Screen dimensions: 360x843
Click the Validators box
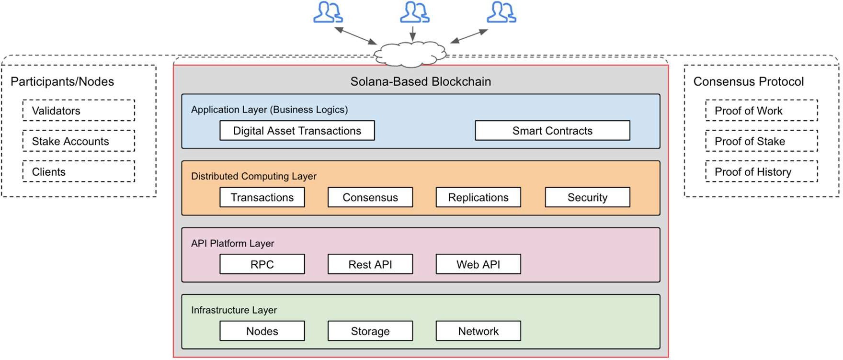coord(79,111)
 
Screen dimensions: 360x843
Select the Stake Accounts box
coord(79,141)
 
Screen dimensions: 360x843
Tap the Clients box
coord(79,171)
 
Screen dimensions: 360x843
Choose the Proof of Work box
coord(761,111)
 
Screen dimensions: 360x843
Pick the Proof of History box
coord(761,171)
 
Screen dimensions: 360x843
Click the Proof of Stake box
coord(761,141)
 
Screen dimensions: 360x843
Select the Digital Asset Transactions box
coord(297,131)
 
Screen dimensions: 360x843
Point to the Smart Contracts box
coord(552,131)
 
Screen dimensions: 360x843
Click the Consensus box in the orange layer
coord(370,197)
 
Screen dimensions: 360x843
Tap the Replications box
coord(478,197)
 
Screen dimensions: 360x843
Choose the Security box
coord(587,197)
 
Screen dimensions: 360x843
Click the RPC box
coord(262,264)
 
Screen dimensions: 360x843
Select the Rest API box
coord(370,264)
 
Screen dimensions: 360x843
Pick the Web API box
coord(478,264)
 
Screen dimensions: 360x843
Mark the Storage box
coord(370,331)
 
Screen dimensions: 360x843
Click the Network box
coord(478,331)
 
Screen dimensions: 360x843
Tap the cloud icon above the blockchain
coord(410,54)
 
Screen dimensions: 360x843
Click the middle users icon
coord(414,12)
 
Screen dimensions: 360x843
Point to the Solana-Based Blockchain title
coord(421,81)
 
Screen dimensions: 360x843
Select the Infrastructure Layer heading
coord(234,310)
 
